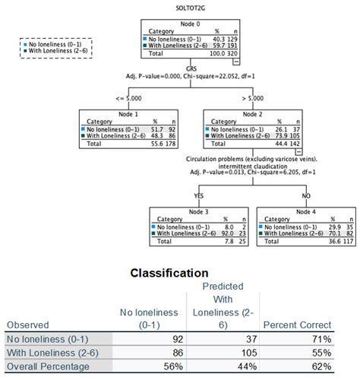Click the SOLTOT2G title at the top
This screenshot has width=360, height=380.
pos(179,6)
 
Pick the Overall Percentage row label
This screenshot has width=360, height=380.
pos(47,366)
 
